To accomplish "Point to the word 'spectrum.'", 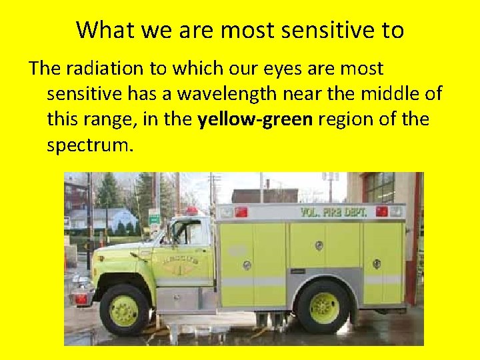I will click(90, 144).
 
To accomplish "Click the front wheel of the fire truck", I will click(123, 310).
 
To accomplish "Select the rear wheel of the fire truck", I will click(323, 307).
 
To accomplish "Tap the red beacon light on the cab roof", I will click(192, 211).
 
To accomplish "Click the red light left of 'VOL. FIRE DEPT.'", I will click(241, 212).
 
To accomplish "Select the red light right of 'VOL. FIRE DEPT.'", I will click(382, 211).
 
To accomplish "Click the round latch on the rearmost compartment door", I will click(377, 264).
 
